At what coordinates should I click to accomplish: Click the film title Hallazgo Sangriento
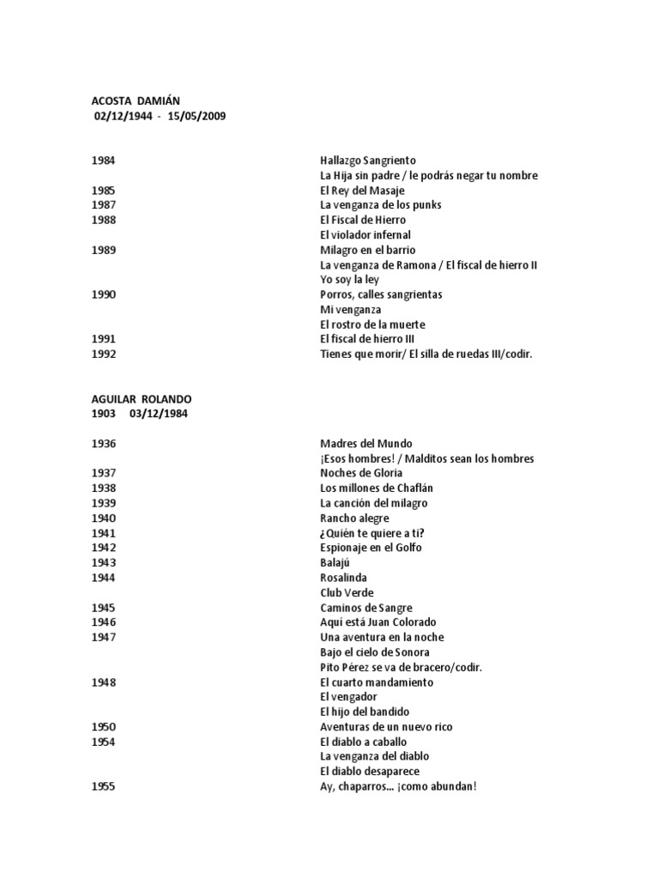click(x=367, y=161)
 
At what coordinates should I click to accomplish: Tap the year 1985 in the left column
click(x=103, y=191)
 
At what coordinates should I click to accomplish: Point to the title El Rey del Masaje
click(x=361, y=191)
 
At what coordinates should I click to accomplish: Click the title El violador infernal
click(x=365, y=234)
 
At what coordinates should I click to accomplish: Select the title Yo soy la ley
click(x=349, y=279)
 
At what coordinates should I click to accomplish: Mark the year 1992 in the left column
click(x=103, y=354)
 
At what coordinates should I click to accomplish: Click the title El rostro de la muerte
click(x=372, y=324)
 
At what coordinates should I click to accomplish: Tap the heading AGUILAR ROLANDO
click(x=142, y=399)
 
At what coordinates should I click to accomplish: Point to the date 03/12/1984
click(x=160, y=414)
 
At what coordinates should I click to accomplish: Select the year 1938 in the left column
click(x=103, y=488)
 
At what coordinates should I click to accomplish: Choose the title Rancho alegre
click(x=354, y=518)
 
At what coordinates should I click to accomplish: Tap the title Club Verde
click(x=346, y=593)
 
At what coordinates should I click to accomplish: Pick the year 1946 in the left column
click(x=103, y=622)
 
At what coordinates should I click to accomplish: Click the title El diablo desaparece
click(x=369, y=772)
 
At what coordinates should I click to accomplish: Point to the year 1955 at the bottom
click(x=103, y=786)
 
